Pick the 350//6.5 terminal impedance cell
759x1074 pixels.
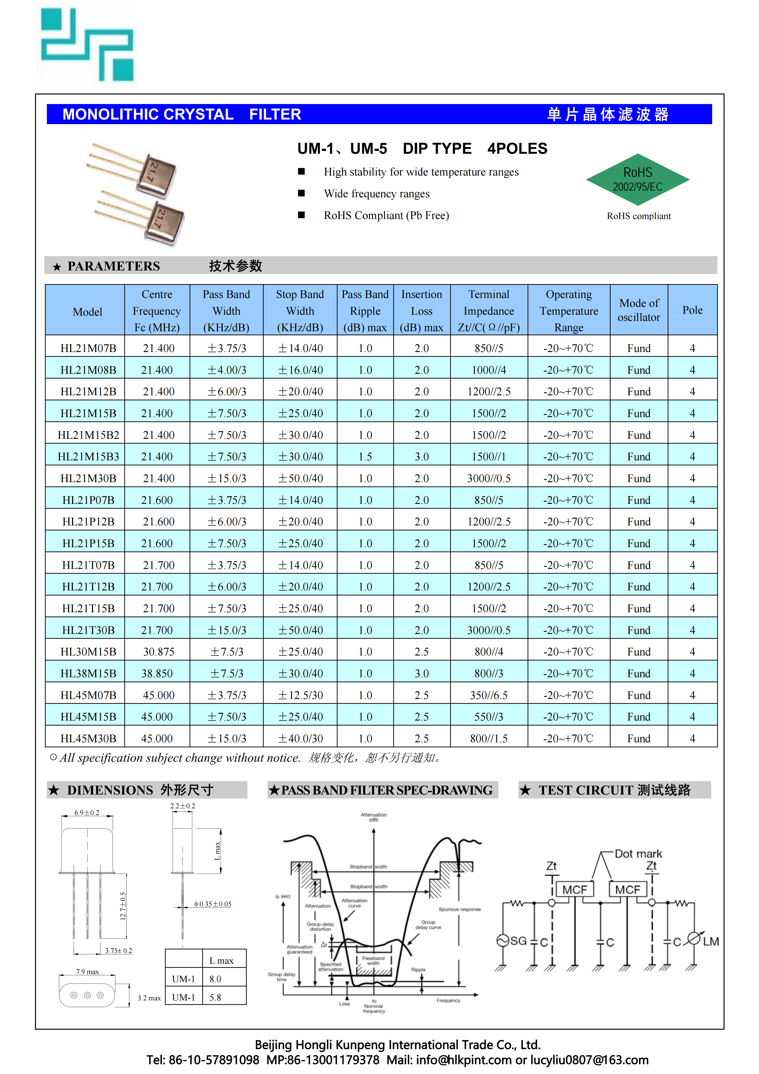(x=489, y=695)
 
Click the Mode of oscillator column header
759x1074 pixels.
(x=639, y=310)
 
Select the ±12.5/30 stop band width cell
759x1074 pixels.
(x=300, y=695)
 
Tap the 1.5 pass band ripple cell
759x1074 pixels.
(x=365, y=457)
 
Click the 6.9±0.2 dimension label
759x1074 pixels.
(x=87, y=813)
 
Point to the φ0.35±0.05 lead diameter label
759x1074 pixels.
(x=213, y=904)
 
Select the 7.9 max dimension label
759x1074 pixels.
(x=87, y=972)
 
